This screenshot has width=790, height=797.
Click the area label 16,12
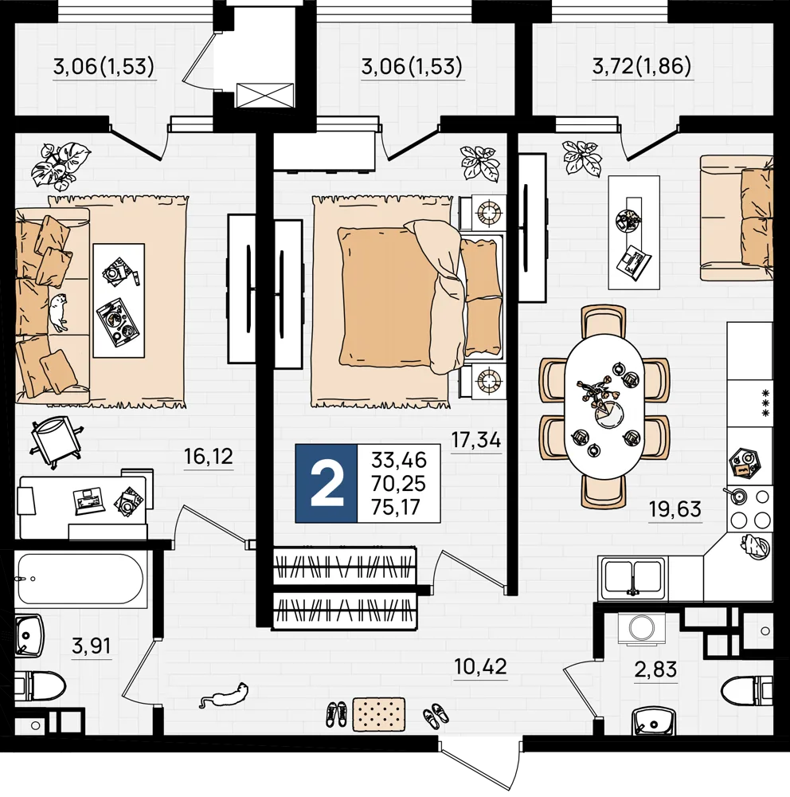(x=209, y=457)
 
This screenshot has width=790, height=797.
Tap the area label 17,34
(x=476, y=440)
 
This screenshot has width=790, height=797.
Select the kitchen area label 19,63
(x=675, y=508)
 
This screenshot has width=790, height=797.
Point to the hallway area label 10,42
(x=480, y=665)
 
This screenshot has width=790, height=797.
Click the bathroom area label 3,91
(x=92, y=646)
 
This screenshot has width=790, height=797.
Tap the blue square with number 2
(x=327, y=484)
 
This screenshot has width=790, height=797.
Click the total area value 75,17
(x=399, y=507)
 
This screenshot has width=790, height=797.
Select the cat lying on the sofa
(x=58, y=312)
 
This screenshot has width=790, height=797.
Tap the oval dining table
(x=604, y=406)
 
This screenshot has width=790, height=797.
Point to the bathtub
(x=80, y=579)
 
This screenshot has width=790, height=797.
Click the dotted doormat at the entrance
(x=379, y=714)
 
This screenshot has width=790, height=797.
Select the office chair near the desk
(x=56, y=439)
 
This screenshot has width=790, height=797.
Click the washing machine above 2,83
(x=642, y=628)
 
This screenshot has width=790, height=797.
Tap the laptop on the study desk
(x=89, y=501)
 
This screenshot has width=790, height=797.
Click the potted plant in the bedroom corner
(x=478, y=163)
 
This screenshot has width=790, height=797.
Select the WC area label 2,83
(x=655, y=669)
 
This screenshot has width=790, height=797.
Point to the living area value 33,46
(x=399, y=460)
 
